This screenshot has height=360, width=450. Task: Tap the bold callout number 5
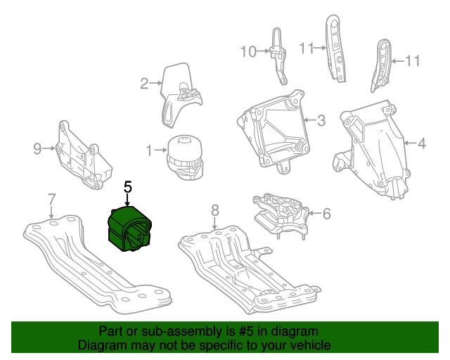[x=127, y=187]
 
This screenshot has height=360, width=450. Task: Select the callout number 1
[x=149, y=150]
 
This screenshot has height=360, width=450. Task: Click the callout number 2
[x=144, y=84]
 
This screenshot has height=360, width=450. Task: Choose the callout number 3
[x=321, y=121]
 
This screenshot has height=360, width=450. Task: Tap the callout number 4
[x=421, y=145]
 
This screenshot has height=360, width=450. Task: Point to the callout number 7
[x=51, y=199]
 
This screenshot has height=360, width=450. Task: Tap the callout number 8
[x=215, y=210]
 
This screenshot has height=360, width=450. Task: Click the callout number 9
[x=38, y=148]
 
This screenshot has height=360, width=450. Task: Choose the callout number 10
[x=249, y=51]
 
